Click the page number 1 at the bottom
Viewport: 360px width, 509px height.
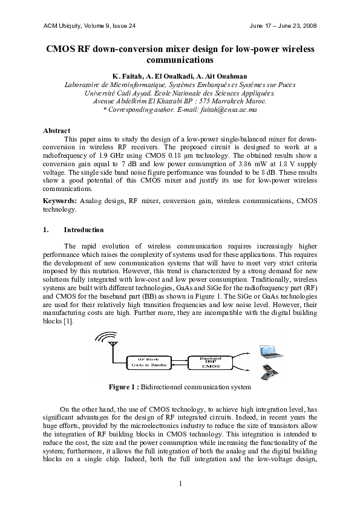click(x=180, y=482)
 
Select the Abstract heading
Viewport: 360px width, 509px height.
click(x=57, y=131)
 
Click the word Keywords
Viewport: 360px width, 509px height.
click(x=59, y=200)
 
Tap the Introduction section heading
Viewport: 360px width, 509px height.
click(x=83, y=230)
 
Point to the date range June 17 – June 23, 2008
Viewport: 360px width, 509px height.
click(x=283, y=26)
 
